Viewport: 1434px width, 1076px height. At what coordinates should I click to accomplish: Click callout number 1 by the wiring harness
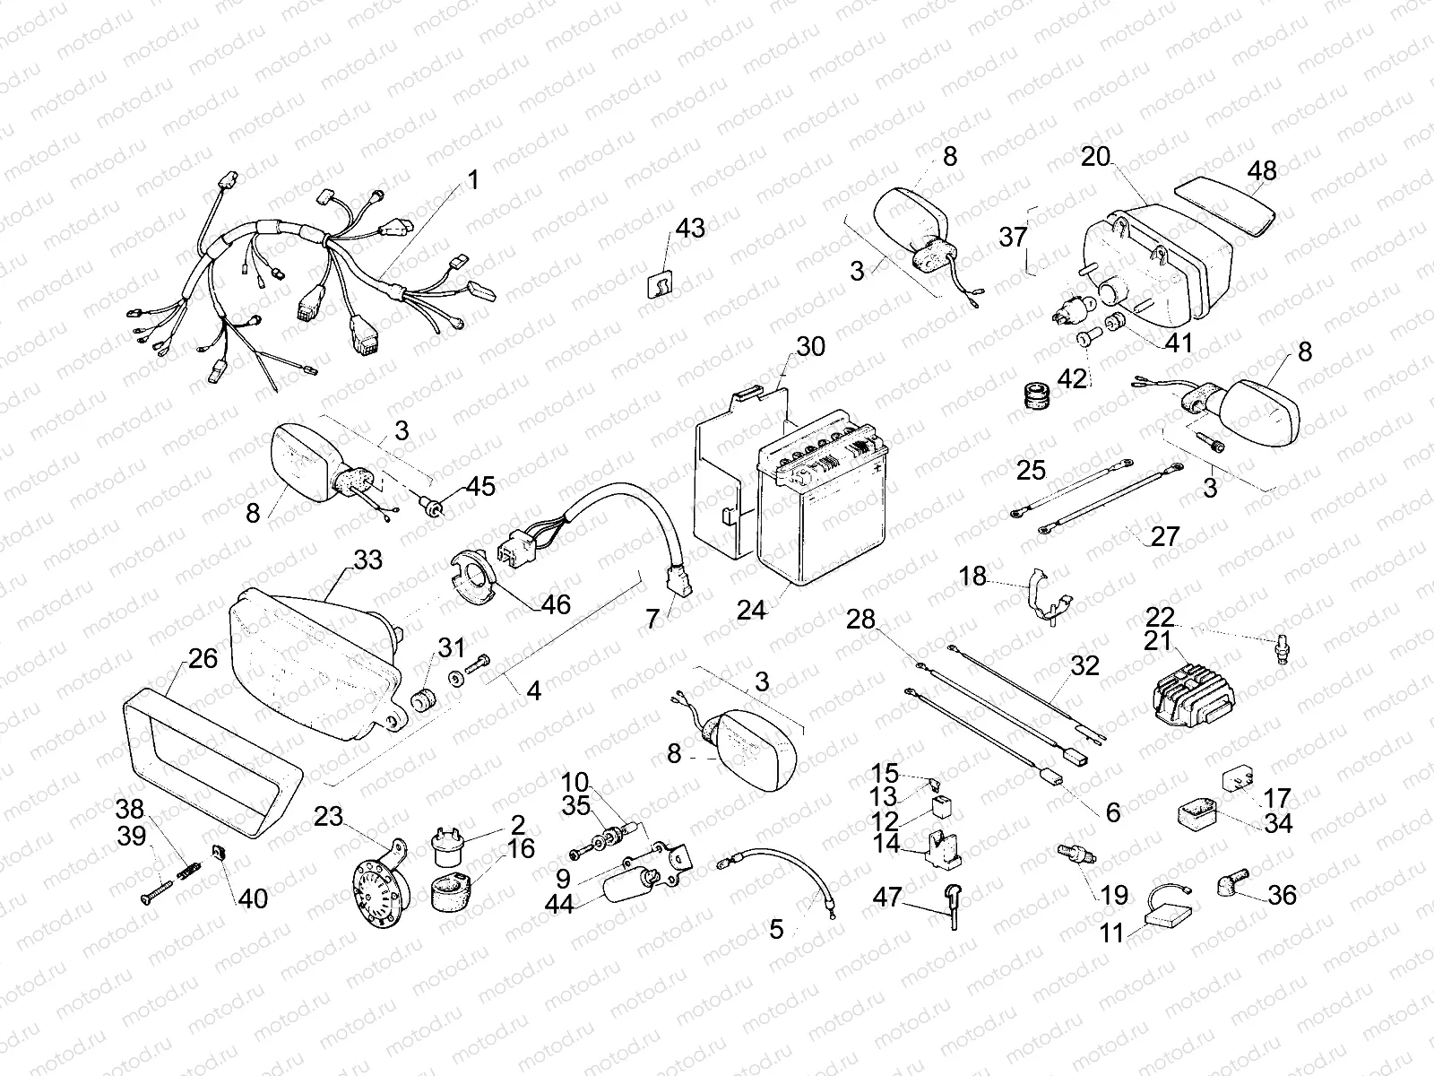click(472, 180)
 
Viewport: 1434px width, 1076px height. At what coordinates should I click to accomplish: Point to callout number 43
click(690, 230)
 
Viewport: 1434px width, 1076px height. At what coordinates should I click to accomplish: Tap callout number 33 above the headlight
click(367, 560)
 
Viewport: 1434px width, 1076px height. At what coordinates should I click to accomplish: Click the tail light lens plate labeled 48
click(1223, 205)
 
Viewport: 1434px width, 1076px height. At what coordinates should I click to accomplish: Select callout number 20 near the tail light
click(1095, 158)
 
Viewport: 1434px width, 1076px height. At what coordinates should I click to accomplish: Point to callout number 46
click(555, 604)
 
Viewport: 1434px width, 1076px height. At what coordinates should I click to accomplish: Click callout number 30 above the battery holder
click(810, 346)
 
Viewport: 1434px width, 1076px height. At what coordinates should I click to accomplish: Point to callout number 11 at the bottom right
click(1111, 933)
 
